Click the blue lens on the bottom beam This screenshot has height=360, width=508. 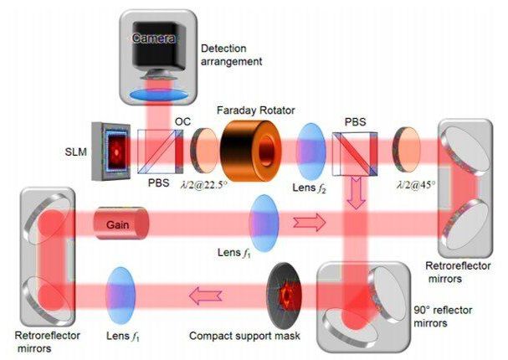(x=121, y=292)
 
